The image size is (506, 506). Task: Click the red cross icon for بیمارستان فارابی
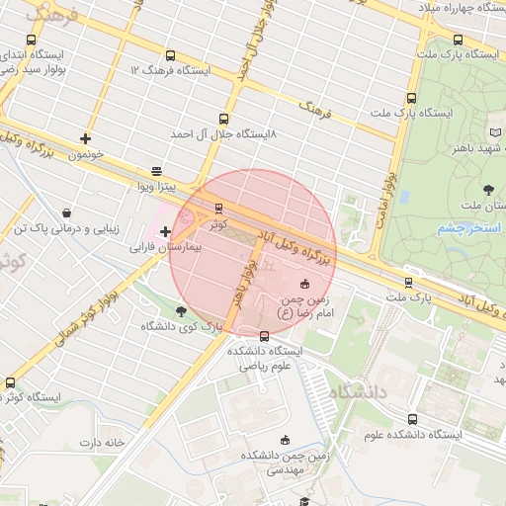coord(165,231)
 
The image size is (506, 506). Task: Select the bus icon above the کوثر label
coord(218,208)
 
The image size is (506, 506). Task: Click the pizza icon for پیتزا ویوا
coord(156,170)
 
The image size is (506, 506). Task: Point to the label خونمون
coord(87,155)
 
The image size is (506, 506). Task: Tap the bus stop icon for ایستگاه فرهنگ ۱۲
coord(170,56)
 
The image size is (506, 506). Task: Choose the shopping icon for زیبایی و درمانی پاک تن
coord(66,212)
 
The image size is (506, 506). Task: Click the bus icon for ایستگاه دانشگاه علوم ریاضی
coord(264,337)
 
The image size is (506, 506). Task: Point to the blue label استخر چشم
coord(469,228)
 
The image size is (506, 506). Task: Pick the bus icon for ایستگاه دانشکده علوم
coord(412,419)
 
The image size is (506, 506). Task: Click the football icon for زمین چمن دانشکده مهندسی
coord(287,440)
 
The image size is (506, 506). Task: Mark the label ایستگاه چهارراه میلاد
coord(456,8)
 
